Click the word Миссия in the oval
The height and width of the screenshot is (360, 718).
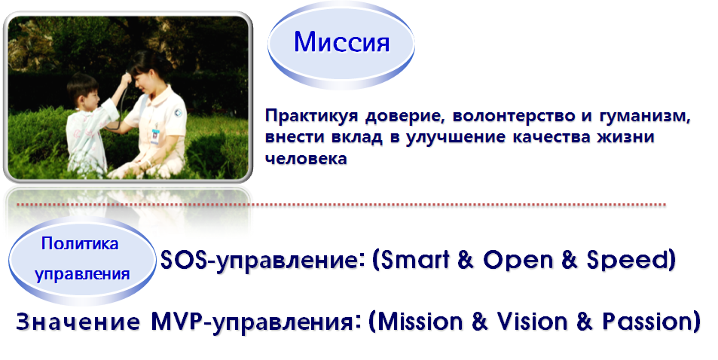pyautogui.click(x=341, y=42)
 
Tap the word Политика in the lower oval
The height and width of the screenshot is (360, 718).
pyautogui.click(x=80, y=243)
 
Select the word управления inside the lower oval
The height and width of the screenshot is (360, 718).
pyautogui.click(x=82, y=274)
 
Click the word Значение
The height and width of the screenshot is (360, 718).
pyautogui.click(x=78, y=322)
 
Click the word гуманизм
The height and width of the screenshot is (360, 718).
pyautogui.click(x=645, y=116)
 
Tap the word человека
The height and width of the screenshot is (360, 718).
pyautogui.click(x=306, y=158)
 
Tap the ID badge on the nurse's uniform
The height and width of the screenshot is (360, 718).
pyautogui.click(x=154, y=136)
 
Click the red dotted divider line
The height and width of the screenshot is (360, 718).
pyautogui.click(x=341, y=204)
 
